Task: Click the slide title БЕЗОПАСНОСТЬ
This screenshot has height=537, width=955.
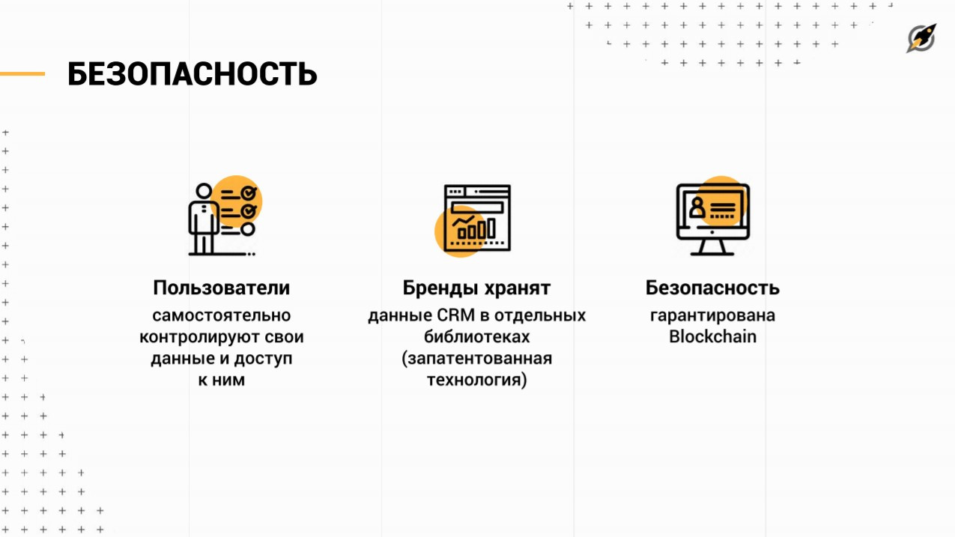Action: [192, 74]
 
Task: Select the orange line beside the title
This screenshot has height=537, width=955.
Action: [22, 74]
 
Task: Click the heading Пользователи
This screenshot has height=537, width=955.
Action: [221, 288]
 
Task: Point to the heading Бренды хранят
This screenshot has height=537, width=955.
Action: [476, 288]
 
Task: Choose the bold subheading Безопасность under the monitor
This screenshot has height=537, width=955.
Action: [712, 288]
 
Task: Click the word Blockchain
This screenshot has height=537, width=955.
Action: [712, 337]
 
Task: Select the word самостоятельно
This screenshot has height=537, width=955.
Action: [221, 315]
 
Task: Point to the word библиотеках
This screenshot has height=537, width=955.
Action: [476, 337]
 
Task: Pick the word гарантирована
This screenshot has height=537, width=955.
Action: [712, 315]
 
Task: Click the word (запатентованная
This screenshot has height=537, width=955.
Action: [476, 359]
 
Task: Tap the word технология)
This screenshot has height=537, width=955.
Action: [476, 380]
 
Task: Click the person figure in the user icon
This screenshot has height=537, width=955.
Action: [201, 218]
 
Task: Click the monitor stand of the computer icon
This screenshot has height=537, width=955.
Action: [712, 247]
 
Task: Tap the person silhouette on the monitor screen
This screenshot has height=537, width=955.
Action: [697, 208]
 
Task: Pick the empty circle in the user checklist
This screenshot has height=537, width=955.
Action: [248, 229]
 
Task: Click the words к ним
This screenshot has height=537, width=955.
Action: [221, 380]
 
